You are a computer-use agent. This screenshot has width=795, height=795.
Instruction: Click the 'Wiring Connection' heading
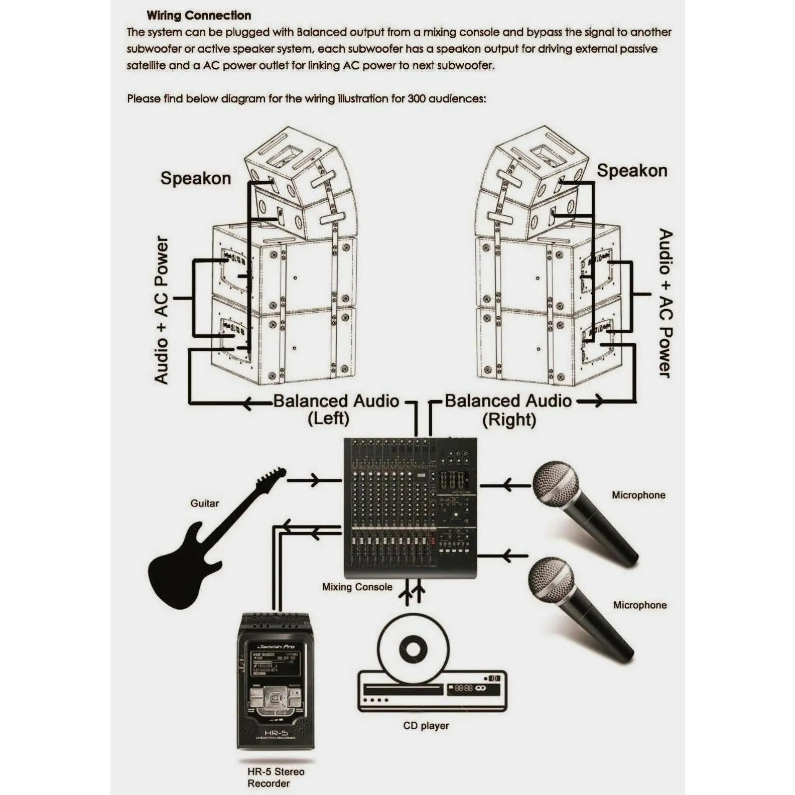tap(199, 16)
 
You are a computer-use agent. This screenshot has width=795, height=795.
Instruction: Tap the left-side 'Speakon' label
tap(195, 178)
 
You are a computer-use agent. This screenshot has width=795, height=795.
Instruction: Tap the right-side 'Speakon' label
tap(632, 171)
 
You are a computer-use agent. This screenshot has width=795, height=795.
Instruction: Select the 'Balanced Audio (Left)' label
tap(335, 409)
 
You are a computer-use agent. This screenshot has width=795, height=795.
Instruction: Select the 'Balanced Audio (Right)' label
tap(508, 409)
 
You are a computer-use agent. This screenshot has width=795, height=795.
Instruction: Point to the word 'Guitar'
tap(204, 503)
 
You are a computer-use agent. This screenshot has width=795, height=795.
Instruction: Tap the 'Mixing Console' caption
tap(357, 587)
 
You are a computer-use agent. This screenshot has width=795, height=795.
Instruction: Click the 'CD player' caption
tap(426, 726)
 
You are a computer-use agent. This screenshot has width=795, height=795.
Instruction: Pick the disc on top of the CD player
tap(413, 648)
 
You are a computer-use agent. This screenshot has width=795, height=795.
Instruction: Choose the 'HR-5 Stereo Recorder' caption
tap(275, 777)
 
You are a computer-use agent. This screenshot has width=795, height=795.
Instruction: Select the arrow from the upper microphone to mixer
tap(506, 485)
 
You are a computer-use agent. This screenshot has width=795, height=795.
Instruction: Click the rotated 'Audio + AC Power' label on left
tap(161, 310)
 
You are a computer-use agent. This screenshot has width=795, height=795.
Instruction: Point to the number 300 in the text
tap(416, 98)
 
